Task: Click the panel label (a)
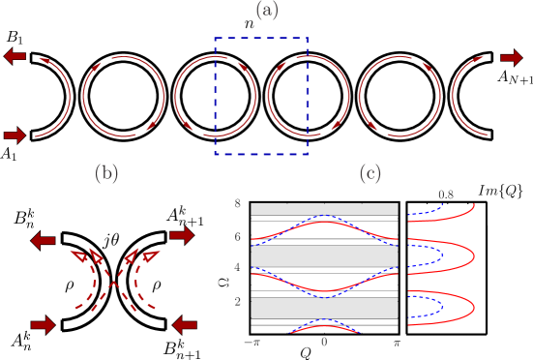(267, 11)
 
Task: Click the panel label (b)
(106, 174)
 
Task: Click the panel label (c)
(370, 174)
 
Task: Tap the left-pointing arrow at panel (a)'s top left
(15, 56)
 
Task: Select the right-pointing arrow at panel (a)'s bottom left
(15, 135)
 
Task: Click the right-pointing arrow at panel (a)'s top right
(512, 58)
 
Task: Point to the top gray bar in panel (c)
(324, 209)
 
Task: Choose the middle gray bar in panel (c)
(324, 256)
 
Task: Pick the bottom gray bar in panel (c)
(324, 308)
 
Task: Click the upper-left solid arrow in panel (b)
(44, 241)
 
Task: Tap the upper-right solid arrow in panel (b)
(181, 235)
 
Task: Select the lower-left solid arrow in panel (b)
(43, 325)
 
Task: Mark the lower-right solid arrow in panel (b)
(185, 325)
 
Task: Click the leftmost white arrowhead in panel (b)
(78, 256)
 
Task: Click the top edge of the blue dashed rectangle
(261, 38)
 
